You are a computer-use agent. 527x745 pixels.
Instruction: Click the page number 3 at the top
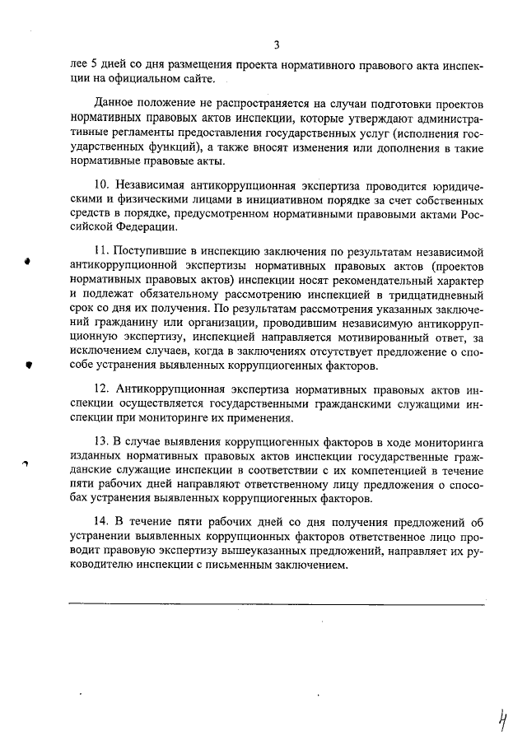coord(277,44)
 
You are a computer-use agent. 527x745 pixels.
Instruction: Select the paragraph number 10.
coord(101,186)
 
